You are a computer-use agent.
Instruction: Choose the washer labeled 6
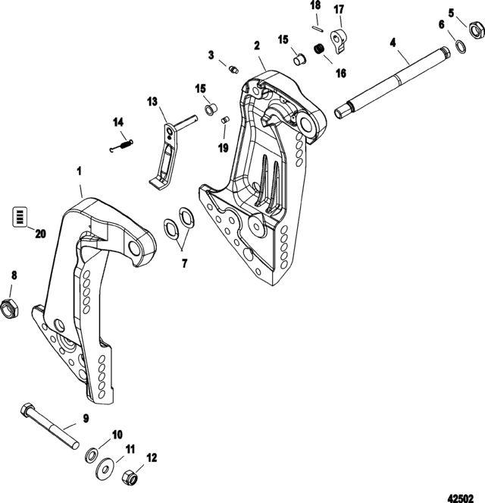pos(459,47)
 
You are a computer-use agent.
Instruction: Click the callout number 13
pos(152,101)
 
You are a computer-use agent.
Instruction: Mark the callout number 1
pos(80,173)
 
